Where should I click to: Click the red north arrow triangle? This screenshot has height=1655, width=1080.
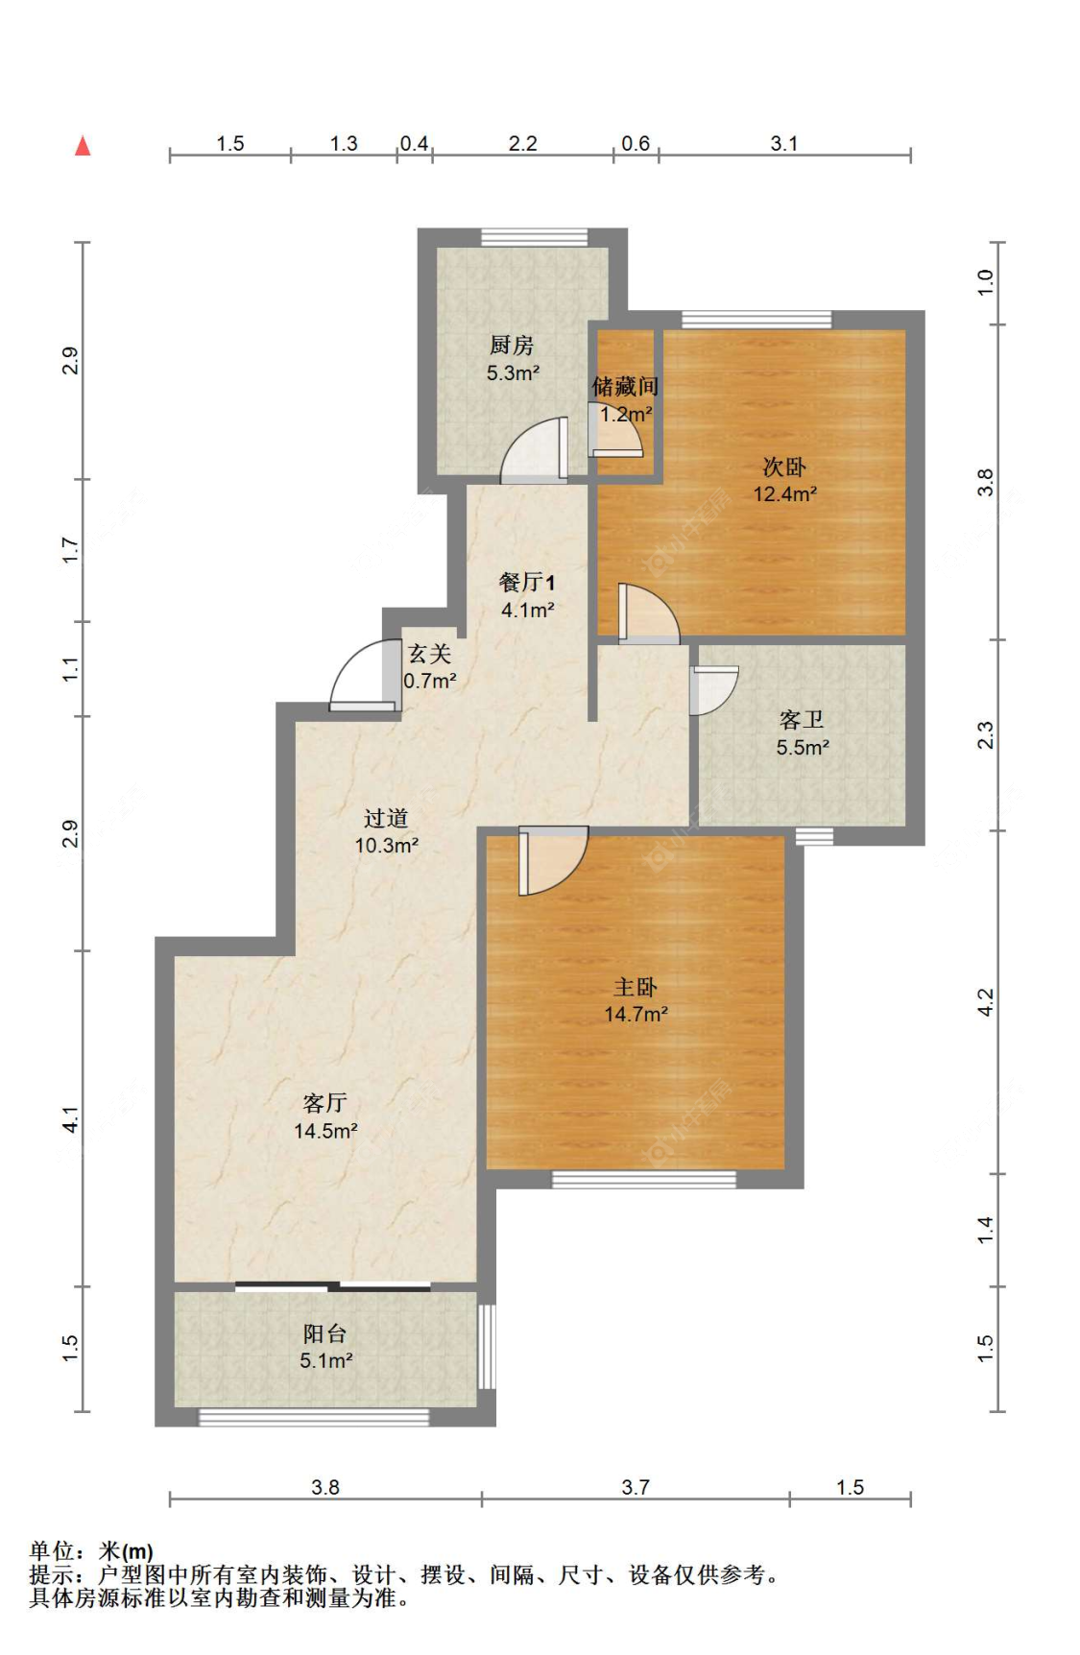[x=84, y=146]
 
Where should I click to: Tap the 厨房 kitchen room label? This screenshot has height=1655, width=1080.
[x=511, y=346]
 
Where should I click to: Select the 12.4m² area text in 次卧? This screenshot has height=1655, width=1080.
[x=784, y=494]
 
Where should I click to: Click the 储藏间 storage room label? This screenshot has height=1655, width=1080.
[x=625, y=387]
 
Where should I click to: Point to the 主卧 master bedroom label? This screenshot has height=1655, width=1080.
[x=636, y=987]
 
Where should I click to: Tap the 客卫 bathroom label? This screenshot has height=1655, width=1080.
[x=802, y=720]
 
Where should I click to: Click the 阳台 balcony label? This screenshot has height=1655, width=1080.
[x=324, y=1333]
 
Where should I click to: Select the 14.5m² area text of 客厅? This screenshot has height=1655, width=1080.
[x=325, y=1131]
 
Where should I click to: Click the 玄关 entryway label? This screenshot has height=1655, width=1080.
[x=429, y=654]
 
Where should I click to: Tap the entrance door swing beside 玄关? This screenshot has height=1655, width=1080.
[x=363, y=676]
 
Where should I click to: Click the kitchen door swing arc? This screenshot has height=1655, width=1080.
[x=533, y=451]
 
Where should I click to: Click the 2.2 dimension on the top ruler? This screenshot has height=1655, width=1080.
[x=522, y=144]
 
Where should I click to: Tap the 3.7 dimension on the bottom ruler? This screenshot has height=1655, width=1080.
[x=636, y=1487]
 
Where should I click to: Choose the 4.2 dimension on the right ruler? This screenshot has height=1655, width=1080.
[x=985, y=1002]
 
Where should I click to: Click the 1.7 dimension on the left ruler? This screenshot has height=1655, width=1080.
[x=69, y=550]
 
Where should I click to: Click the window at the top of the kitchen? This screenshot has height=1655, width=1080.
[x=534, y=237]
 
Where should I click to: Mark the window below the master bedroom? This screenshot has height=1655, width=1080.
[x=644, y=1180]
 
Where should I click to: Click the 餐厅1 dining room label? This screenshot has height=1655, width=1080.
[x=526, y=582]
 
